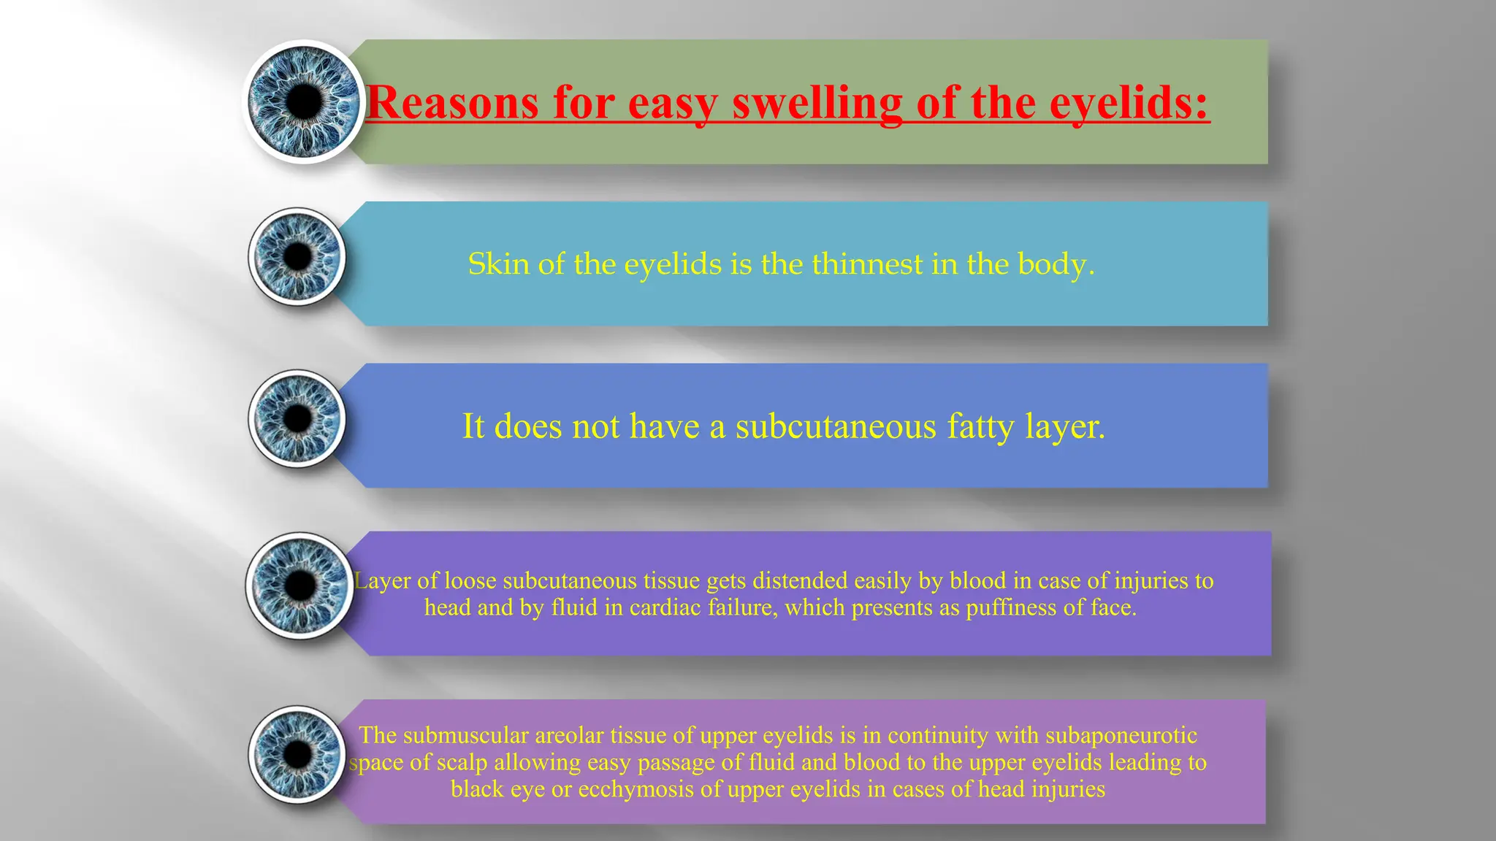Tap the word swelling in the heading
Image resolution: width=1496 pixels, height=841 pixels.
[817, 104]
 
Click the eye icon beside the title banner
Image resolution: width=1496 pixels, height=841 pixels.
[304, 101]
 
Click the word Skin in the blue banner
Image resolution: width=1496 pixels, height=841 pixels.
[498, 264]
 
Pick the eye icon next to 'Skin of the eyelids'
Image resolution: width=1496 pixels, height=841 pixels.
[297, 256]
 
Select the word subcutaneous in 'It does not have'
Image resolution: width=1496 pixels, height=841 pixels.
[836, 426]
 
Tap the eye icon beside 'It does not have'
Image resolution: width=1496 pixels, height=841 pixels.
[297, 418]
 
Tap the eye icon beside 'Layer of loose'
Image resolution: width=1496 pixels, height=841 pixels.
[299, 585]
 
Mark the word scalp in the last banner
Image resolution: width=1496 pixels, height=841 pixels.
[462, 762]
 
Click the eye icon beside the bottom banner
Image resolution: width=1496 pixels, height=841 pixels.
[297, 754]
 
